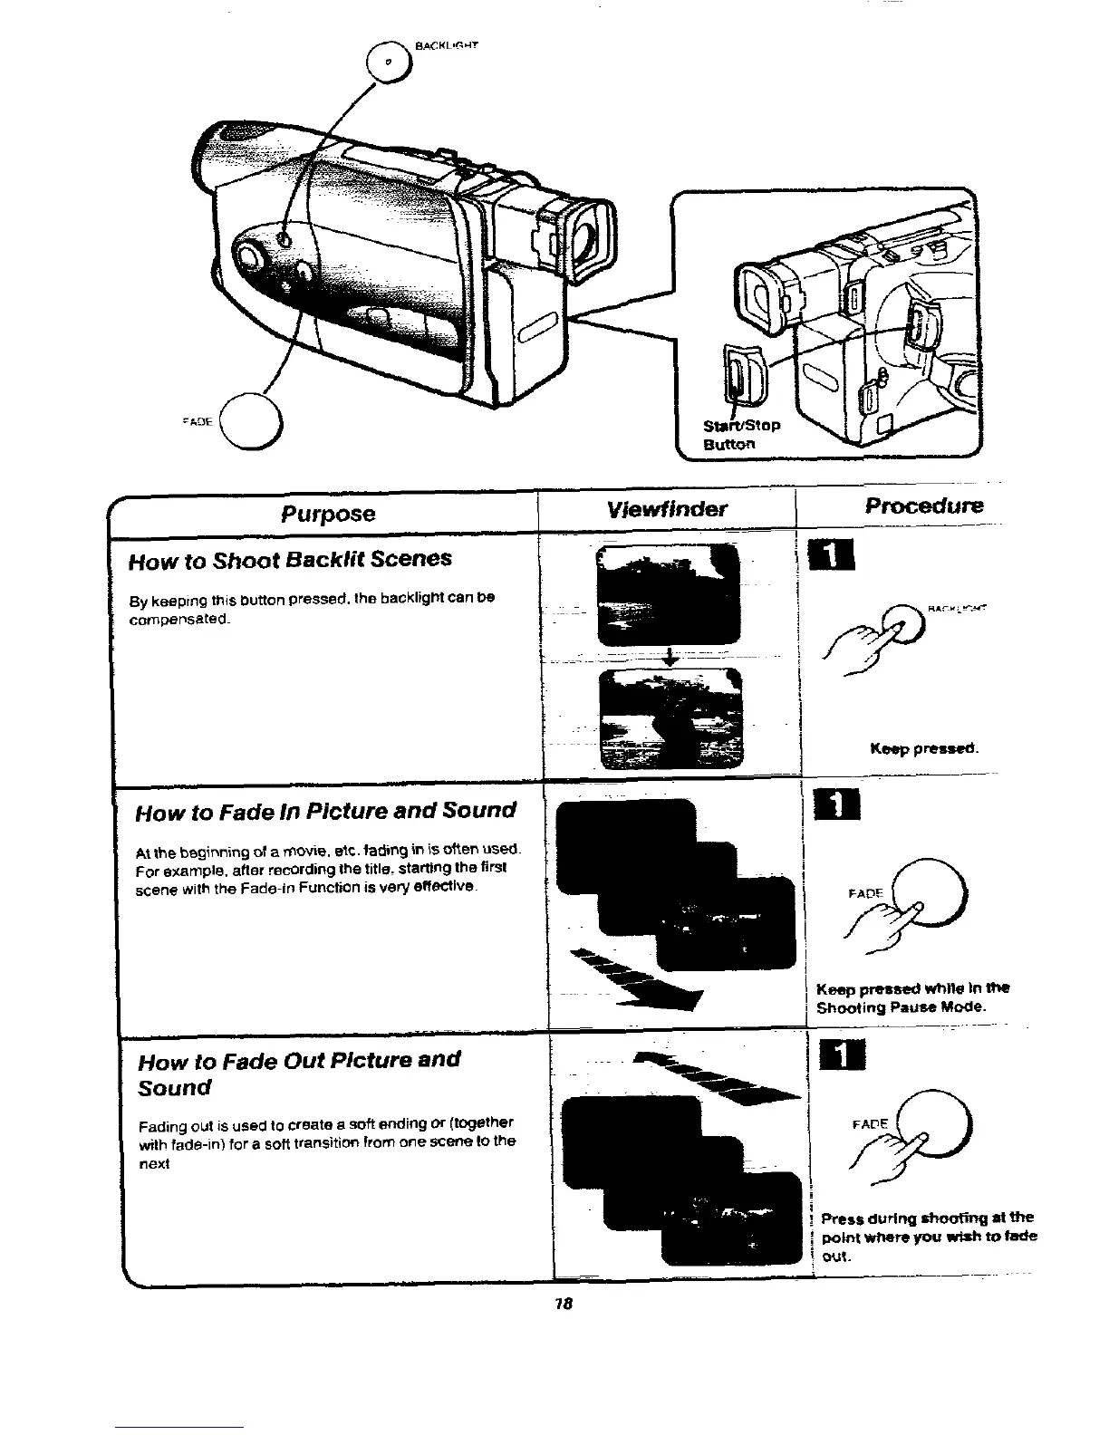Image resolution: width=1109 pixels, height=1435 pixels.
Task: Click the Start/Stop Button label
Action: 742,434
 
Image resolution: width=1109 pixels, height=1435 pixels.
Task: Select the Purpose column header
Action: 327,514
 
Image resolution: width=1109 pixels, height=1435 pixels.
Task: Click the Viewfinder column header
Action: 668,508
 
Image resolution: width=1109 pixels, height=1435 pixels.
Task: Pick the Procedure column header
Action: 923,506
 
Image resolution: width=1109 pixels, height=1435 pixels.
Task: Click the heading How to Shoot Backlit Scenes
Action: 290,559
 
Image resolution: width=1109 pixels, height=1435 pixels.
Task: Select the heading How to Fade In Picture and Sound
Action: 325,810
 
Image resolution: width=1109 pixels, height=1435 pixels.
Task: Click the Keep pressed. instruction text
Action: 923,749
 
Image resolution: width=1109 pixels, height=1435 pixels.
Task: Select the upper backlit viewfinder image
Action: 670,594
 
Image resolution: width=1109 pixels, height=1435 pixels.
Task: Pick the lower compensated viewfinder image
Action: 671,717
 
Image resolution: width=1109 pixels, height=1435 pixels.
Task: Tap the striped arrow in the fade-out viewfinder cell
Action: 715,1077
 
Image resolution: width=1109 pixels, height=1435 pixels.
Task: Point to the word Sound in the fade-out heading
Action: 174,1088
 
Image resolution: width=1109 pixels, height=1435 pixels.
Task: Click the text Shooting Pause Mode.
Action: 901,1007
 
